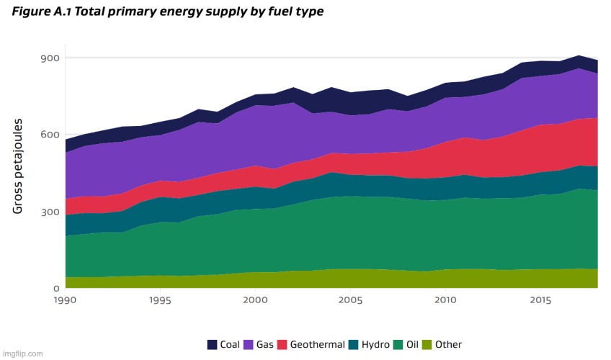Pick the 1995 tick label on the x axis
pyautogui.click(x=160, y=299)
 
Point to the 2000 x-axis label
pyautogui.click(x=255, y=299)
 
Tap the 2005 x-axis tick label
pyautogui.click(x=350, y=299)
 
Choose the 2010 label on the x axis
pyautogui.click(x=445, y=299)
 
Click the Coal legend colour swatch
pyautogui.click(x=213, y=344)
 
